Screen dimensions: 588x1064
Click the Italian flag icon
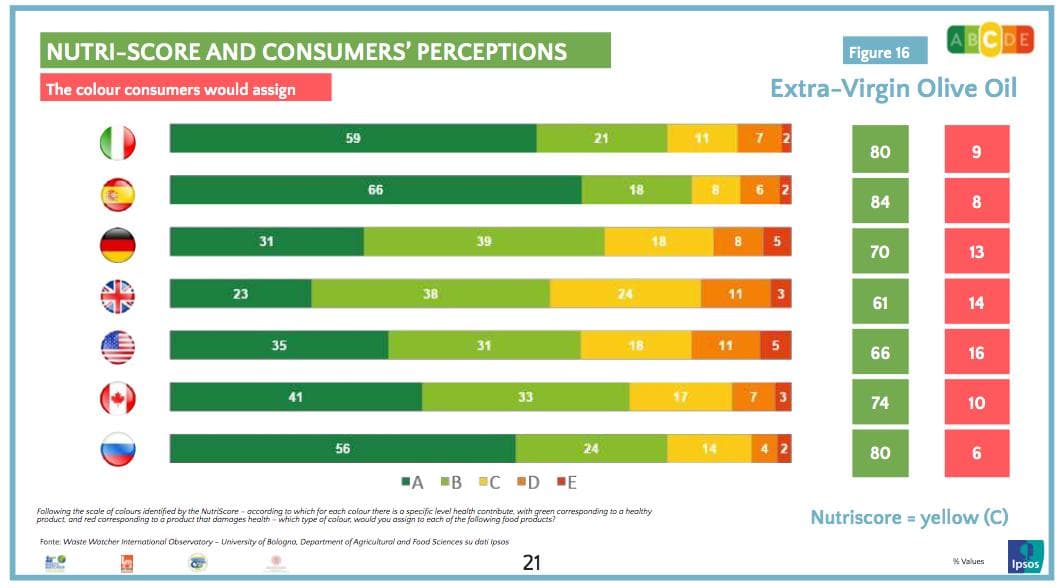[117, 143]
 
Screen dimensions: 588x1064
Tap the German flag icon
[117, 244]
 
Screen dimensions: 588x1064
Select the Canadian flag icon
[117, 399]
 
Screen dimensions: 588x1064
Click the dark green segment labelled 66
[376, 190]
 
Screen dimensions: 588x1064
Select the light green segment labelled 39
[484, 242]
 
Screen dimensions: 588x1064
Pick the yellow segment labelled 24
[625, 294]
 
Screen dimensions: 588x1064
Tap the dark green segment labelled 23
[241, 294]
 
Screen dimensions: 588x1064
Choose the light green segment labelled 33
[525, 397]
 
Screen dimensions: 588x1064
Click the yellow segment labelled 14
[708, 449]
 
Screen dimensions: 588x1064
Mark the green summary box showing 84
[880, 202]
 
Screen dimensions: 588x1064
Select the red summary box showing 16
[976, 353]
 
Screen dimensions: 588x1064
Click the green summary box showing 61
[880, 303]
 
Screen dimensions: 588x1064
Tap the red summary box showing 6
[976, 453]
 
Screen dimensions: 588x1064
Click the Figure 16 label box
[884, 52]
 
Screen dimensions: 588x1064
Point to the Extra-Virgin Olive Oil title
[893, 89]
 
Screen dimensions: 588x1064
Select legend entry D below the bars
[527, 483]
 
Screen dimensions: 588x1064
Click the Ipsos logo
[1025, 557]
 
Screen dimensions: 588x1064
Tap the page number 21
[532, 562]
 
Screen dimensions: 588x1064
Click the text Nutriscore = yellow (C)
[908, 518]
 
